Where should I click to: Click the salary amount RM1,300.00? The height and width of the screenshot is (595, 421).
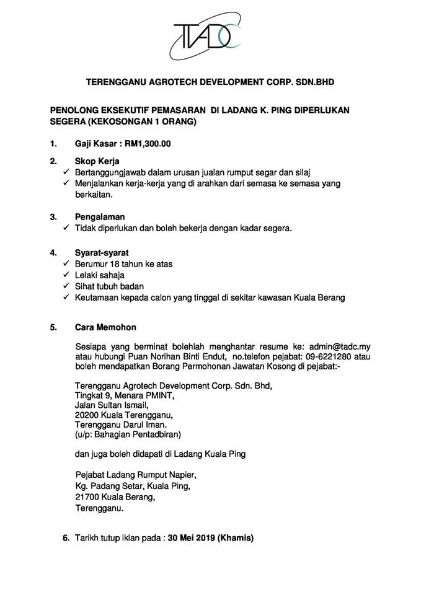(x=148, y=144)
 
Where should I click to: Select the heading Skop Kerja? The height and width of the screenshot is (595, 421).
(x=97, y=161)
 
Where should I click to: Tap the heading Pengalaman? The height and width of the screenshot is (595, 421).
(x=100, y=217)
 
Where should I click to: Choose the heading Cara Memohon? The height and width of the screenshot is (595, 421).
(x=105, y=327)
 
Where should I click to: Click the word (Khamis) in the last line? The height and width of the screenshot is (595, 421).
(x=235, y=539)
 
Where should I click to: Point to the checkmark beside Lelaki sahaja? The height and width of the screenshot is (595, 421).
(x=66, y=275)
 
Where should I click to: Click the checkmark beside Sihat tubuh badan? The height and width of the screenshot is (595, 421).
(x=66, y=286)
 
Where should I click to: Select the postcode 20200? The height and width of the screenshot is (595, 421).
(x=86, y=415)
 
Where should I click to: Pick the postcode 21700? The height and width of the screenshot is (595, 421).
(x=86, y=498)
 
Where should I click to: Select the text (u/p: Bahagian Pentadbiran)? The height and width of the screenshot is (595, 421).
(x=127, y=434)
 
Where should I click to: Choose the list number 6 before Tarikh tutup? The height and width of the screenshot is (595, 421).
(x=66, y=539)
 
